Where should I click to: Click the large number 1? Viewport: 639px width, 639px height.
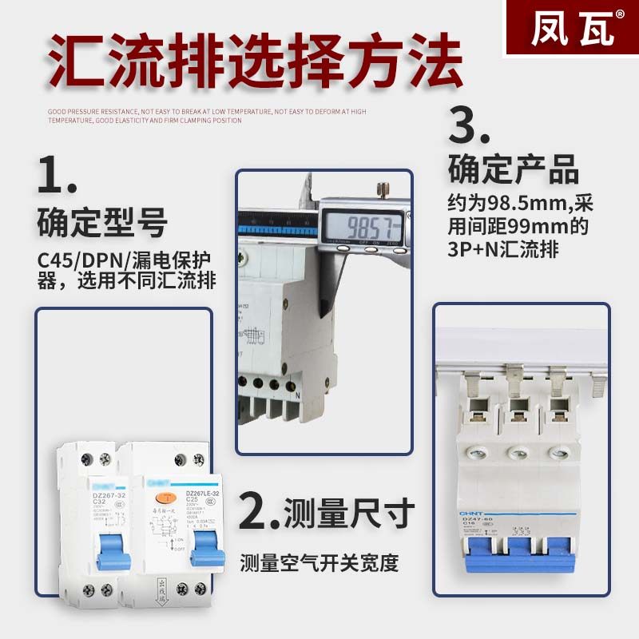point(58,176)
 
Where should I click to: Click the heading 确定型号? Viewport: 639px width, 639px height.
point(102,223)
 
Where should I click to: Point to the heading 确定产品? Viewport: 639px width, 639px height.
point(513,171)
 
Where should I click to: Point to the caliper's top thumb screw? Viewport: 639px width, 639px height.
point(383,190)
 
